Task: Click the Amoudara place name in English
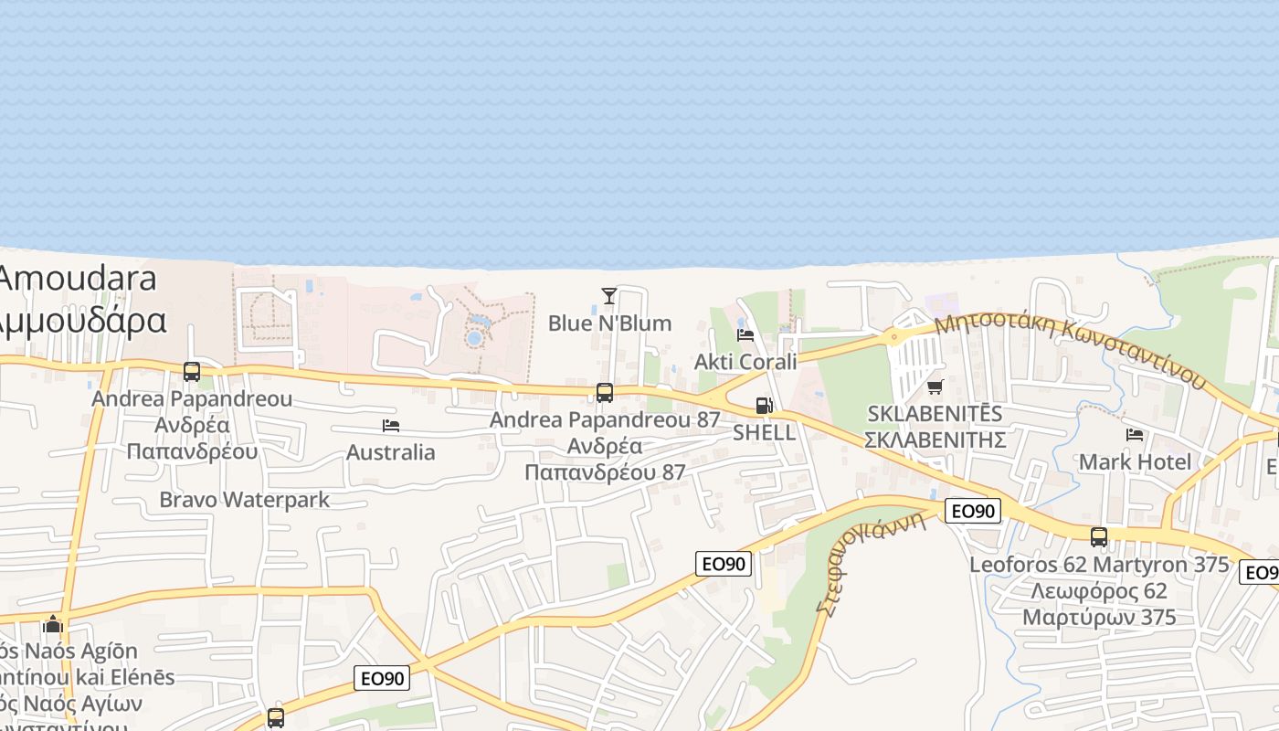tap(78, 279)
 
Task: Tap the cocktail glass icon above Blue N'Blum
tap(609, 295)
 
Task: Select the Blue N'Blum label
tap(609, 323)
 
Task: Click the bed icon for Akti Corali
tap(745, 334)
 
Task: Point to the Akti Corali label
tap(745, 361)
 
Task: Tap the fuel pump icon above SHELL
tap(764, 406)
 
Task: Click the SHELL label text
tap(764, 432)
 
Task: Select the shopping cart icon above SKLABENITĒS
tap(935, 387)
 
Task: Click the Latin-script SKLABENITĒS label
tap(935, 413)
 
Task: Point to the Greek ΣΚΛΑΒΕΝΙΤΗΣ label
tap(935, 440)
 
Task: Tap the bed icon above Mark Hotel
tap(1135, 435)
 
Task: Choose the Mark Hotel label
tap(1135, 461)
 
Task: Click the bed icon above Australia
tap(391, 426)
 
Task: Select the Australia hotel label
tap(391, 452)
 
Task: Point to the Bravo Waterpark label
tap(244, 500)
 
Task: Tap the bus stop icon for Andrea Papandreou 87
tap(605, 393)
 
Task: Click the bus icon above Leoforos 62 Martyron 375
tap(1099, 537)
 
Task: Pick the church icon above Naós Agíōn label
tap(53, 625)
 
